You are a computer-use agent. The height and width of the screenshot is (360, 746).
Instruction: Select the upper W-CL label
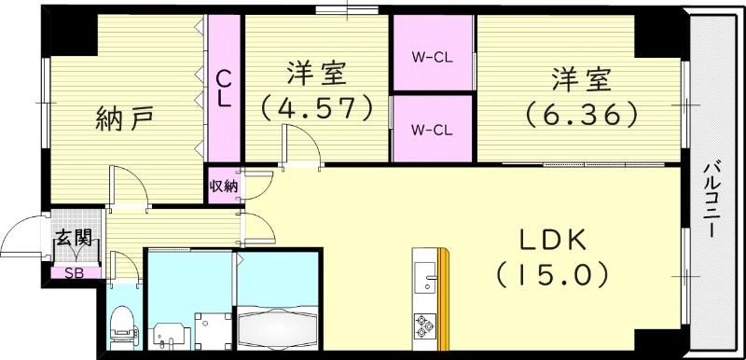[433, 55]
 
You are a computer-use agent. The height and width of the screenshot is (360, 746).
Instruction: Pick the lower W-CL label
[433, 129]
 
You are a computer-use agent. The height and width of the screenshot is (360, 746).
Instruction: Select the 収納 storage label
[224, 186]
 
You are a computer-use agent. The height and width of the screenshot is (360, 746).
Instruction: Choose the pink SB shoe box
[66, 273]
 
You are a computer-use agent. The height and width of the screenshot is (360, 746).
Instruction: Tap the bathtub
[279, 326]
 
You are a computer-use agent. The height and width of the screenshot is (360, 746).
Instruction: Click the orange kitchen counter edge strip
[445, 298]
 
